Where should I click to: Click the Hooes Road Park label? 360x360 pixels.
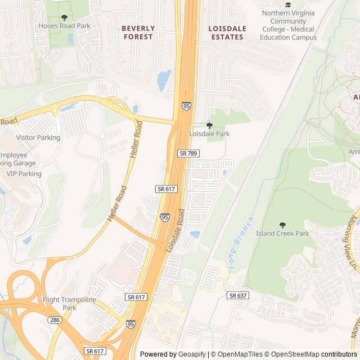(x=64, y=26)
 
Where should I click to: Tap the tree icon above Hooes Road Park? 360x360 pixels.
(x=64, y=17)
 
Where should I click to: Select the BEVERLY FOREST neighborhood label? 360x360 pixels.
(x=138, y=32)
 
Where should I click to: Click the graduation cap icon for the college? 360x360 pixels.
(x=288, y=5)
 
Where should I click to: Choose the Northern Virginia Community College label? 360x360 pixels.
(x=288, y=25)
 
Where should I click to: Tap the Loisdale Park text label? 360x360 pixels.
(x=209, y=134)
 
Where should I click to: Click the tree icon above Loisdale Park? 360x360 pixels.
(x=209, y=125)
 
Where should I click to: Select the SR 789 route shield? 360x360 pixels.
(x=188, y=153)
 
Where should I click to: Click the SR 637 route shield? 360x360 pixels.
(x=238, y=295)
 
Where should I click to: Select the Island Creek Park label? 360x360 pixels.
(x=282, y=233)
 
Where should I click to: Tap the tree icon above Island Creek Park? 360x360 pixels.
(x=282, y=225)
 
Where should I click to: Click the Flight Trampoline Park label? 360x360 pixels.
(x=69, y=304)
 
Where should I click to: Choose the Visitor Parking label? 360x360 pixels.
(x=38, y=138)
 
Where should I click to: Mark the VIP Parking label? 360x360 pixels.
(x=24, y=174)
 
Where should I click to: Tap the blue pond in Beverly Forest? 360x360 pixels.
(x=164, y=80)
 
